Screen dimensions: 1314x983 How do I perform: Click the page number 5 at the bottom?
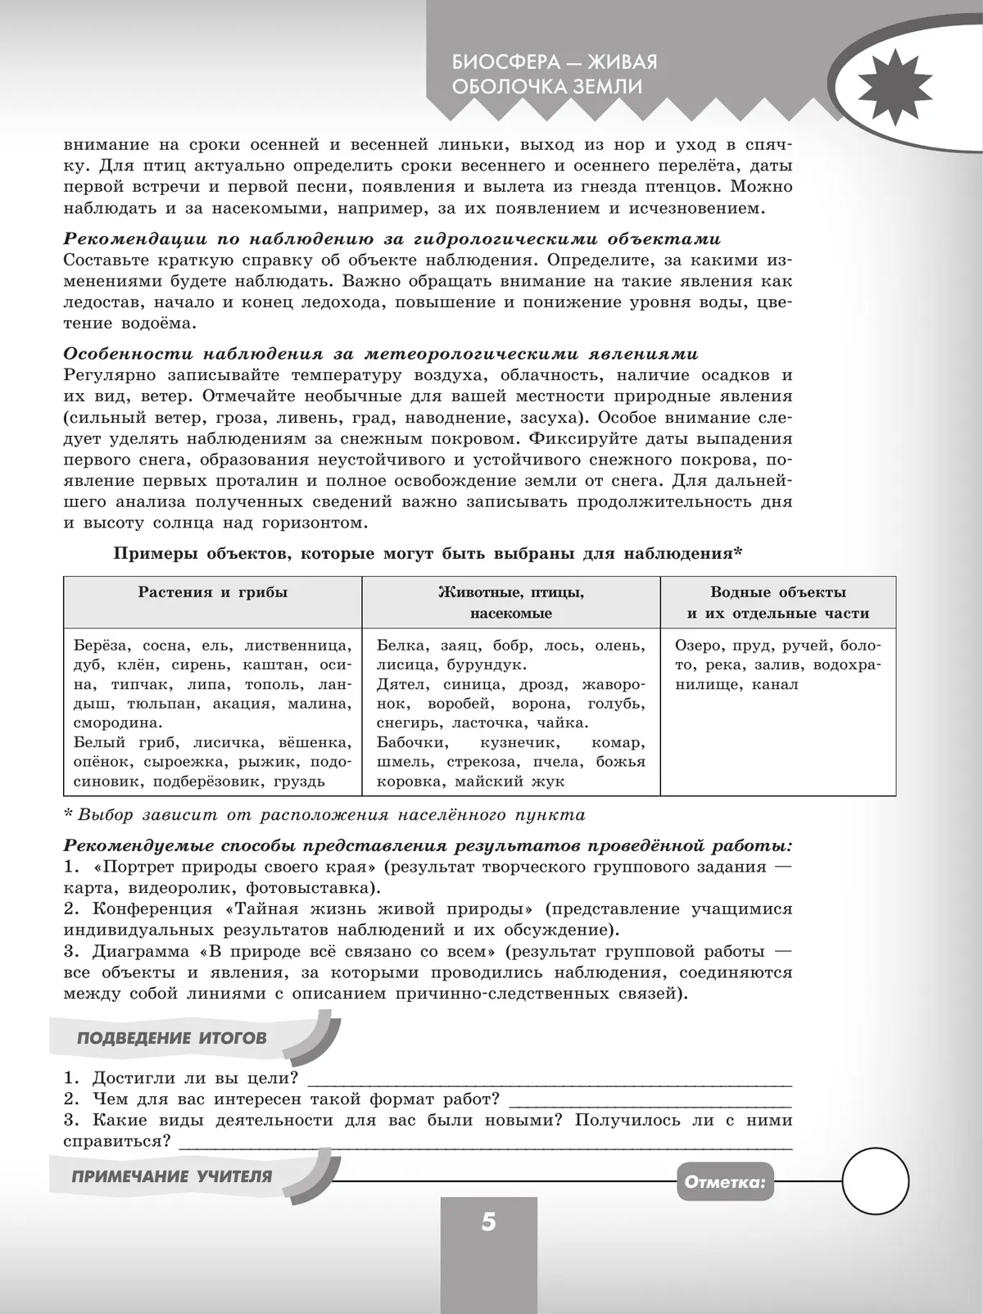(x=489, y=1222)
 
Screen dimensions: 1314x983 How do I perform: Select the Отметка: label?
(x=724, y=1181)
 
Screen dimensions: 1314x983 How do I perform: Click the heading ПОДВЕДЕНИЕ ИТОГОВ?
(x=171, y=1038)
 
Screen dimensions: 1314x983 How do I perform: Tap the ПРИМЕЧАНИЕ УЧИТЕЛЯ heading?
(x=172, y=1176)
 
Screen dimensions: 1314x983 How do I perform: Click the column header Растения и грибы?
(x=212, y=592)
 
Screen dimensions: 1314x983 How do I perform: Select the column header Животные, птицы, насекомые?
(x=511, y=602)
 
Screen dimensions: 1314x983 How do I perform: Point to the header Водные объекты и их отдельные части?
(x=777, y=602)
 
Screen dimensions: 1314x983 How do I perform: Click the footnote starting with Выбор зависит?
(x=328, y=814)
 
